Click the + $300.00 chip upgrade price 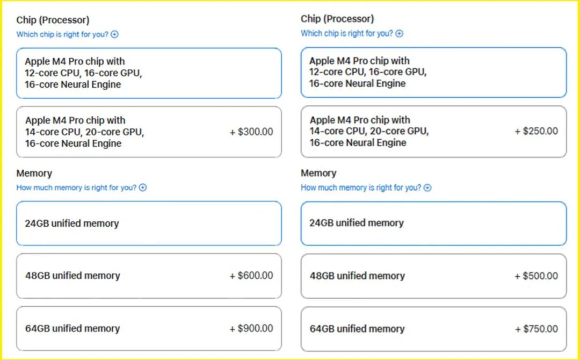251,132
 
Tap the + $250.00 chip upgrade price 536,131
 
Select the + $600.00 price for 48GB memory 251,276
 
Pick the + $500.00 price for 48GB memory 536,276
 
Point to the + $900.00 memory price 251,328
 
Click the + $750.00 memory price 536,329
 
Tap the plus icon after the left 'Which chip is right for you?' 115,34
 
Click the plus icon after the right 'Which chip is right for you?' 399,34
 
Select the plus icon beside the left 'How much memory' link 143,188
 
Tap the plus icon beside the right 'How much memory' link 427,188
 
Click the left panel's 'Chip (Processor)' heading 53,20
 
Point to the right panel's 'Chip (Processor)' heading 337,19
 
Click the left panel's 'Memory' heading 34,173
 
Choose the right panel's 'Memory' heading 318,173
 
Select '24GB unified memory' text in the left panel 72,224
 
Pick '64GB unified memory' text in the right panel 357,329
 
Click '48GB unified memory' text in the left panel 73,276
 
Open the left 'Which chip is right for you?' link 62,34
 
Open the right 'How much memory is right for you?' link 361,188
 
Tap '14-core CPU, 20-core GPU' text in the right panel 369,131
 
